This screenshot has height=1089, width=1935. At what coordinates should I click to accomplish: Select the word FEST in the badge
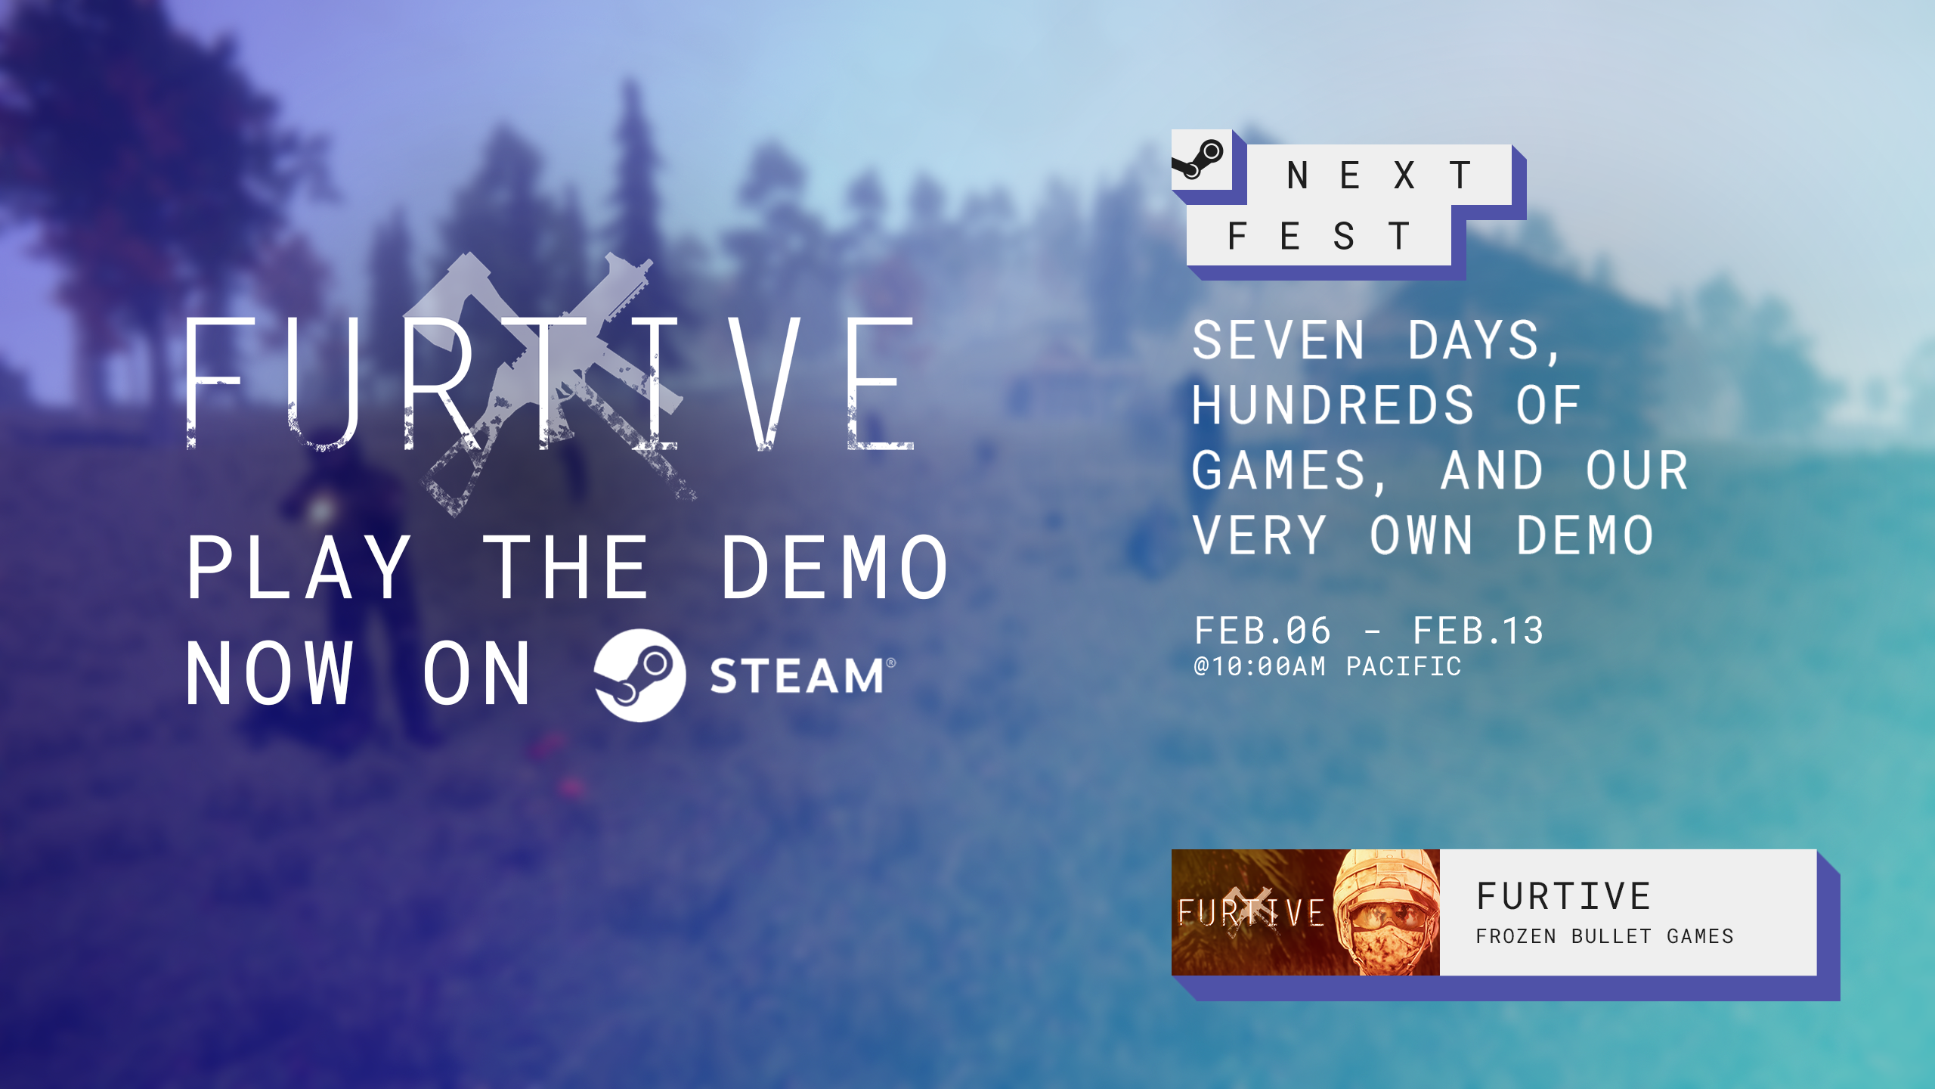tap(1319, 236)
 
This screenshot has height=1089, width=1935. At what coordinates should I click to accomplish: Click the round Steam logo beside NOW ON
tap(639, 675)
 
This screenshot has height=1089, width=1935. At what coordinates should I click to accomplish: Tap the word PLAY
tap(299, 567)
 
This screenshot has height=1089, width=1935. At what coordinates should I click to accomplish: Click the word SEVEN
tap(1279, 340)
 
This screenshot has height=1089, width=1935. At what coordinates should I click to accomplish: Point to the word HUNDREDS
tap(1333, 405)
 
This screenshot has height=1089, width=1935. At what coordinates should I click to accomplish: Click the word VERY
tap(1259, 535)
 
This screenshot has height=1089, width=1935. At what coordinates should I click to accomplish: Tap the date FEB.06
tap(1262, 631)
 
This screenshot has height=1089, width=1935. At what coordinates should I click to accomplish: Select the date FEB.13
tap(1478, 631)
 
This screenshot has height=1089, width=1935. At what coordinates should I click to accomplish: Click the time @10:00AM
tap(1259, 666)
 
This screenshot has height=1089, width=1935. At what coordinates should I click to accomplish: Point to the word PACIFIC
tap(1404, 666)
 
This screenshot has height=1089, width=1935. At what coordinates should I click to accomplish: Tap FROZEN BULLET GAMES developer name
tap(1605, 936)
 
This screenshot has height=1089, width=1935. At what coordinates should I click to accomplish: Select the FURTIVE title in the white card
tap(1564, 896)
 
